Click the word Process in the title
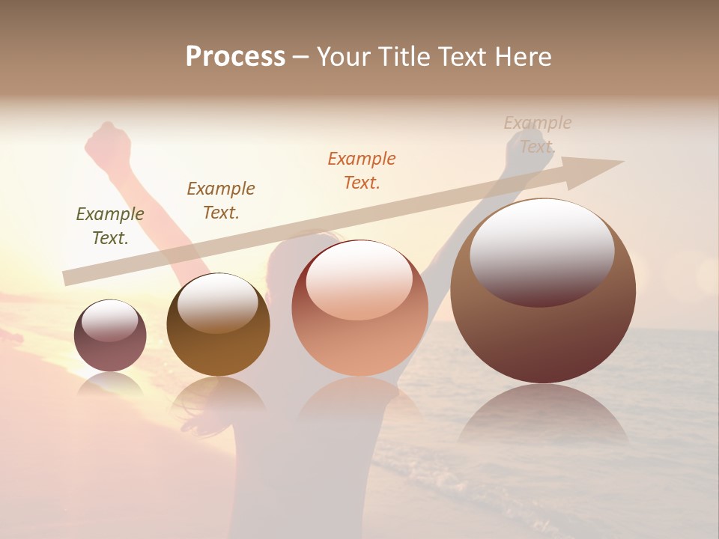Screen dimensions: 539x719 pos(235,56)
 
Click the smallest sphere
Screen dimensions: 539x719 pos(110,335)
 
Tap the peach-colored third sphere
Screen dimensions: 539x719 pos(359,308)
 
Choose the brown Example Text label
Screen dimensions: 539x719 pos(221,201)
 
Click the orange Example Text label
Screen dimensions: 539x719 pos(362,171)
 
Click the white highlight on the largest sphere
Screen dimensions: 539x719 pos(541,251)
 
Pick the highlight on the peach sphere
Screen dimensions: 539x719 pos(359,281)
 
